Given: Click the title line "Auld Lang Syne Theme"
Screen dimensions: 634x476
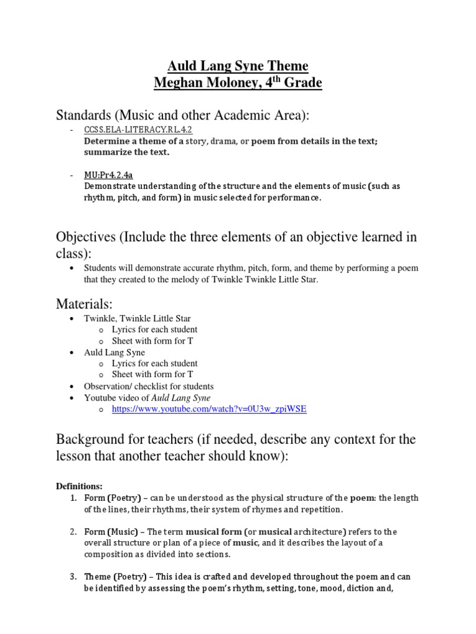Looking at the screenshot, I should (238, 66).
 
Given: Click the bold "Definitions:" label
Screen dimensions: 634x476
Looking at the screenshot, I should (79, 486).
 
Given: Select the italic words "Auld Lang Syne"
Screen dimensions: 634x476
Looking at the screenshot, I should (181, 397).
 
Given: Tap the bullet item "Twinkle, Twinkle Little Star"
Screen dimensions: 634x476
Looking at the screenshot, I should (138, 318).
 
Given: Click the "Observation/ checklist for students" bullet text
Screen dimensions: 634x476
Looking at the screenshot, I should (149, 386).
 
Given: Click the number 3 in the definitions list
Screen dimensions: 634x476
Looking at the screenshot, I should (73, 576).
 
